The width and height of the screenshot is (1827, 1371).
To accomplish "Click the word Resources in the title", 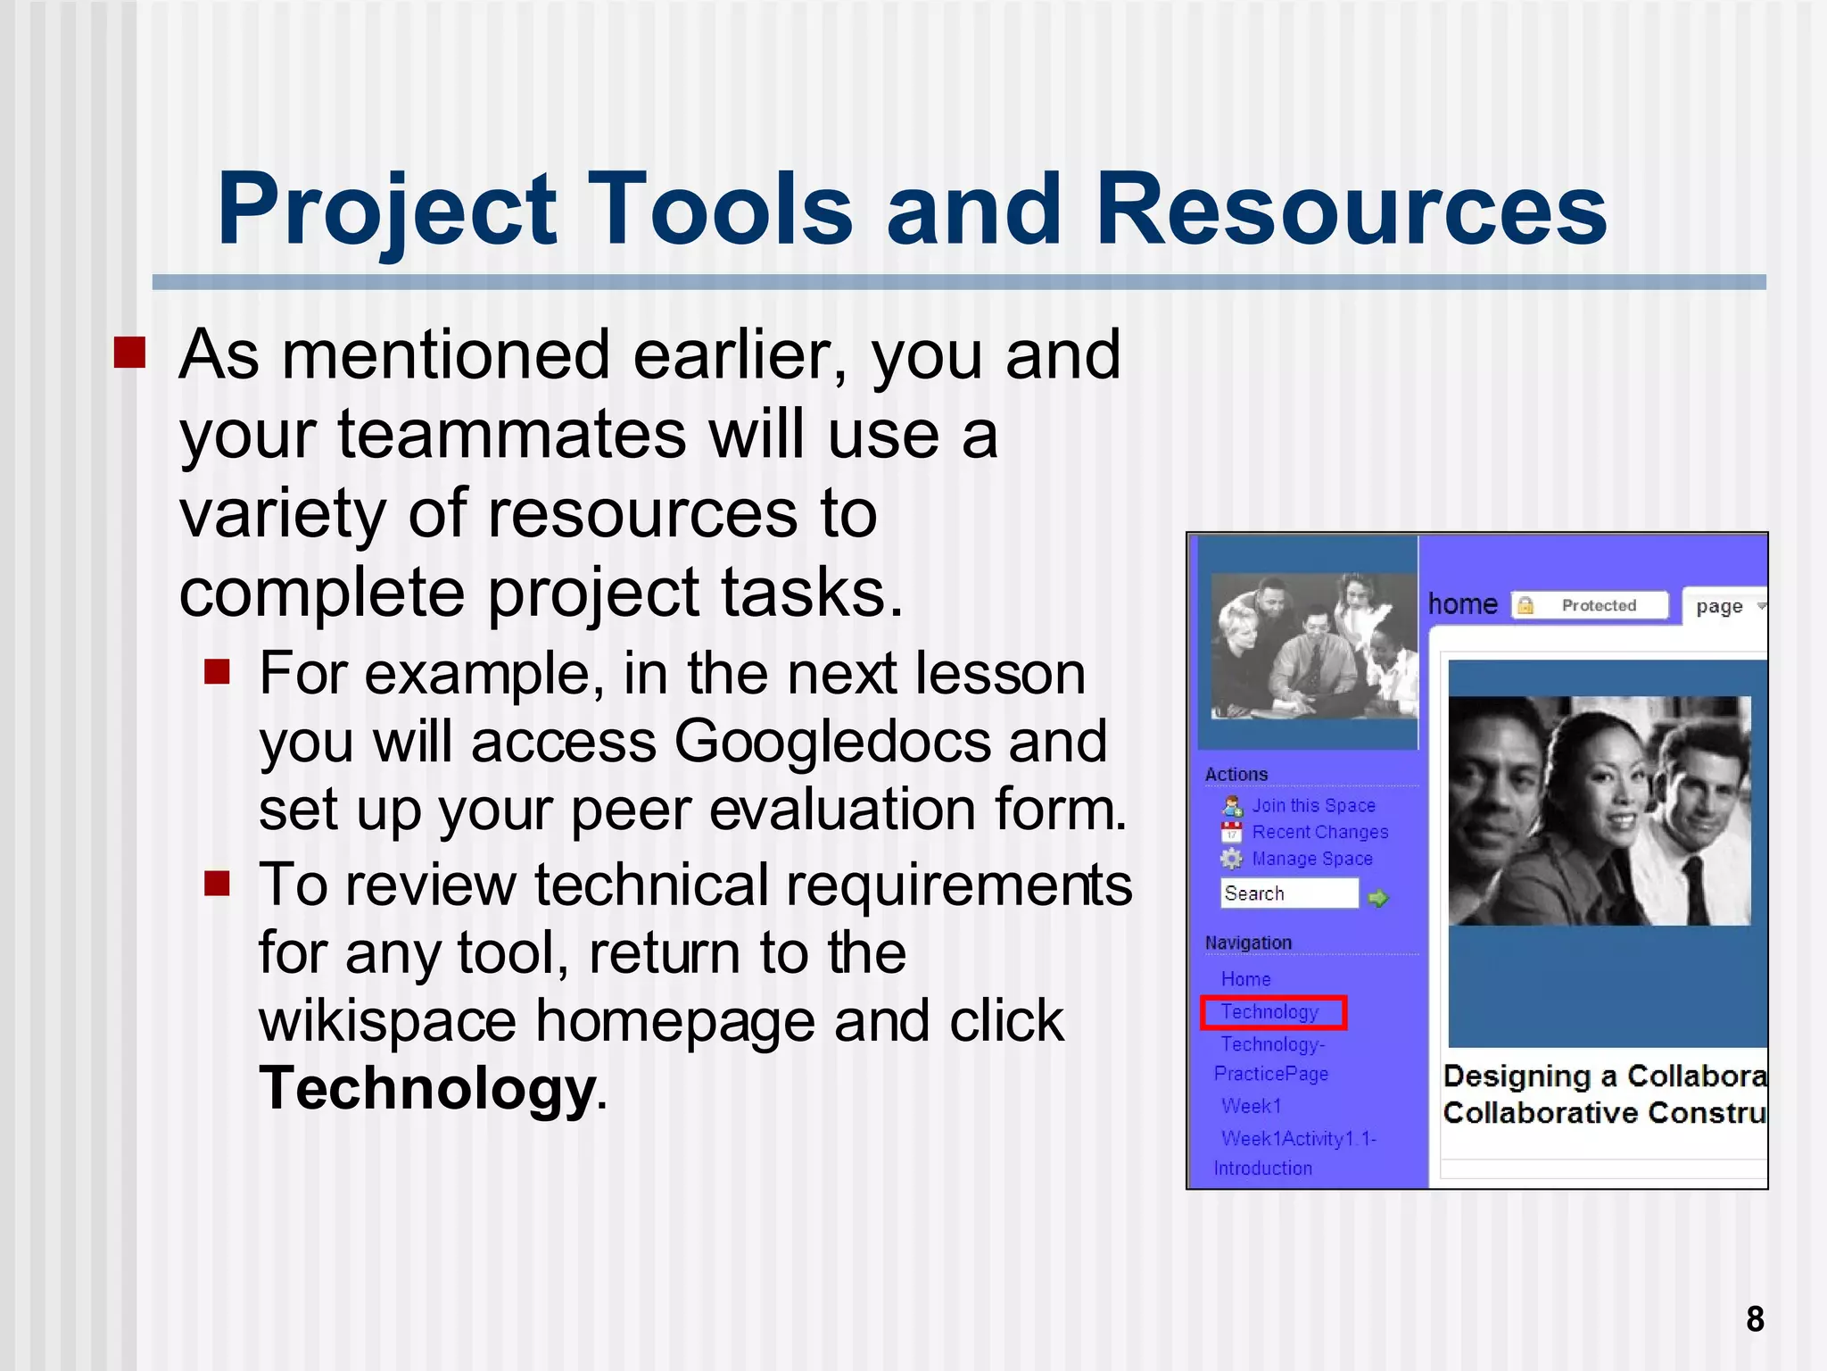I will [1351, 210].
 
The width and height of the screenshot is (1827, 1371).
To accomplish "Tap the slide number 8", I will [1755, 1318].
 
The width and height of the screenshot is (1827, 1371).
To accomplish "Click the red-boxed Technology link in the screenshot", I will [1270, 1012].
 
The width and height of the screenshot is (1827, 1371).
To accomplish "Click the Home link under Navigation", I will [1245, 979].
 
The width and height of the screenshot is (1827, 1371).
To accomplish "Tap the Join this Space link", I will [1313, 805].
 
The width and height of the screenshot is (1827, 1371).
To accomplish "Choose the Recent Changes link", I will [1319, 832].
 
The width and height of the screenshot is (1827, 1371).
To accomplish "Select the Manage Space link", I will [1311, 859].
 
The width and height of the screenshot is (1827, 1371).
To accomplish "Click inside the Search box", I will [1287, 893].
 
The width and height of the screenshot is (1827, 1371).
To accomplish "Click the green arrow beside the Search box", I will [1378, 897].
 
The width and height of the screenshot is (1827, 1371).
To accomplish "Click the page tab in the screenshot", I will [1719, 607].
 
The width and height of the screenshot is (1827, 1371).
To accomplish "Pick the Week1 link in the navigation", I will [1251, 1106].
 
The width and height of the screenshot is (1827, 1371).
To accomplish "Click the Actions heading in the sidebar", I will [1236, 774].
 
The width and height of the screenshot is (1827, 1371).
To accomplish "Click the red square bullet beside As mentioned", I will [129, 353].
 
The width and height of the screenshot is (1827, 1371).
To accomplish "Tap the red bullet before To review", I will [217, 884].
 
